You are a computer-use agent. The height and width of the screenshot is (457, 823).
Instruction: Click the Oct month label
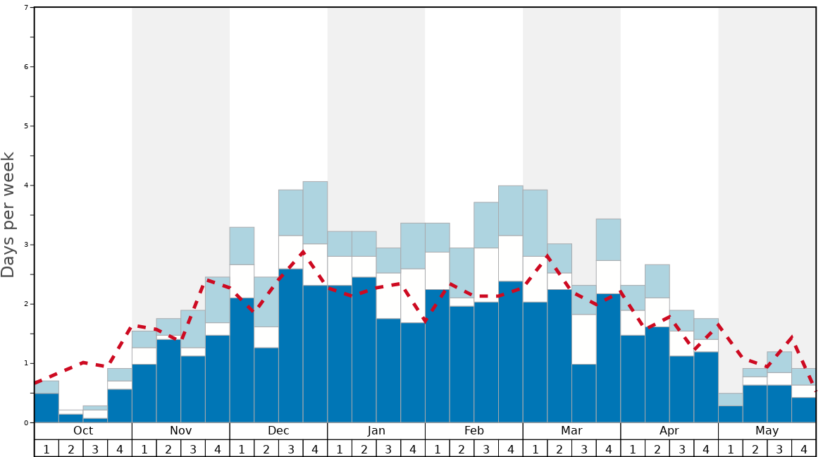(83, 431)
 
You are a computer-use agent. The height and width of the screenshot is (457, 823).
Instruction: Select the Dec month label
(278, 431)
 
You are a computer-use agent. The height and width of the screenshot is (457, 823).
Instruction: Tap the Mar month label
(571, 431)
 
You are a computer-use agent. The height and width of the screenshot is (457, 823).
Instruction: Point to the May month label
(767, 431)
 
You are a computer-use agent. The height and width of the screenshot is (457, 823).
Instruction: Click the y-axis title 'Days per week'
(8, 214)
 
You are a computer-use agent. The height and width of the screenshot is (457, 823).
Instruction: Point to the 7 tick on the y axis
(26, 8)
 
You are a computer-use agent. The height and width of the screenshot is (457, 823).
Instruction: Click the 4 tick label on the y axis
(26, 185)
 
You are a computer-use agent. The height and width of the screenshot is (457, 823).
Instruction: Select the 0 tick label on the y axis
(26, 422)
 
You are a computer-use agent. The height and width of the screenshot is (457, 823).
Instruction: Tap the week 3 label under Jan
(388, 449)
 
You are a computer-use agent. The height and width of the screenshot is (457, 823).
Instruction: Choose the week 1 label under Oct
(47, 449)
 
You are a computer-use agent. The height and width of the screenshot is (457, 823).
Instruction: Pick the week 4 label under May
(804, 449)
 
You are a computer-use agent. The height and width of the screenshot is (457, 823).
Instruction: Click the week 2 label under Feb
(462, 449)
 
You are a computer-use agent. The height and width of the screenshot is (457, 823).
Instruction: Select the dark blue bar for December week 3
(290, 346)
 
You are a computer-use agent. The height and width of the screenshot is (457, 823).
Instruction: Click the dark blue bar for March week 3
(583, 393)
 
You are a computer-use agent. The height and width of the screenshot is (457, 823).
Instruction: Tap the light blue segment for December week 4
(315, 212)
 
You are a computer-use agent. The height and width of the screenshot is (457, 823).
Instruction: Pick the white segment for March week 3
(583, 339)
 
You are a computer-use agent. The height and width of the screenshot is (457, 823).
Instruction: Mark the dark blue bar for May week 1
(731, 414)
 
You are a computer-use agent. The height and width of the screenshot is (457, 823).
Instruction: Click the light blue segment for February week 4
(510, 210)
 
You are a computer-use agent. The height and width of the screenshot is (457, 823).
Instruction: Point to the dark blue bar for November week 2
(168, 381)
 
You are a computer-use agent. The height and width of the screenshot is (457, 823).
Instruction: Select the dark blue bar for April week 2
(657, 374)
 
